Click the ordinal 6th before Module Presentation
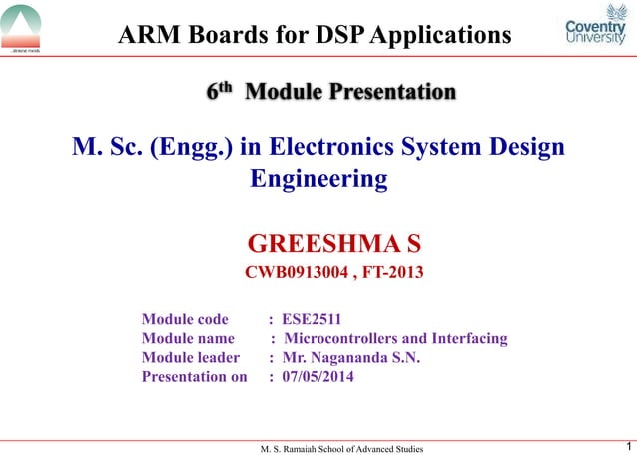point(220,92)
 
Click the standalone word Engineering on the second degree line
point(318,180)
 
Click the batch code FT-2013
point(391,270)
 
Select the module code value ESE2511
point(312,320)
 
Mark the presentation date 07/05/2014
point(318,377)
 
